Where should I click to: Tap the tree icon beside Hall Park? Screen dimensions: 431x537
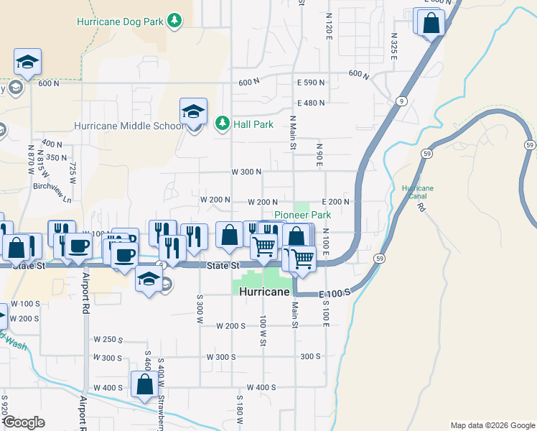[x=223, y=124]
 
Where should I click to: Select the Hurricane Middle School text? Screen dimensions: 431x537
[x=129, y=126]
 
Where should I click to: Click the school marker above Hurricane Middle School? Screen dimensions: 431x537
[x=193, y=112]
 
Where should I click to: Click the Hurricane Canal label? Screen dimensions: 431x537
[x=418, y=192]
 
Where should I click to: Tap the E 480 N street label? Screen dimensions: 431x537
[x=311, y=103]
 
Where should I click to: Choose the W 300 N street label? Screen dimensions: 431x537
[x=246, y=172]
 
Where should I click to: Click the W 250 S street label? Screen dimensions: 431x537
[x=108, y=339]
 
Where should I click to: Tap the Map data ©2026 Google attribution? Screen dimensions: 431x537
[x=492, y=425]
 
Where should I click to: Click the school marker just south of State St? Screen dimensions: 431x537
[x=149, y=281]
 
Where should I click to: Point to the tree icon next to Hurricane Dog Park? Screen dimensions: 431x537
[x=174, y=21]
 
